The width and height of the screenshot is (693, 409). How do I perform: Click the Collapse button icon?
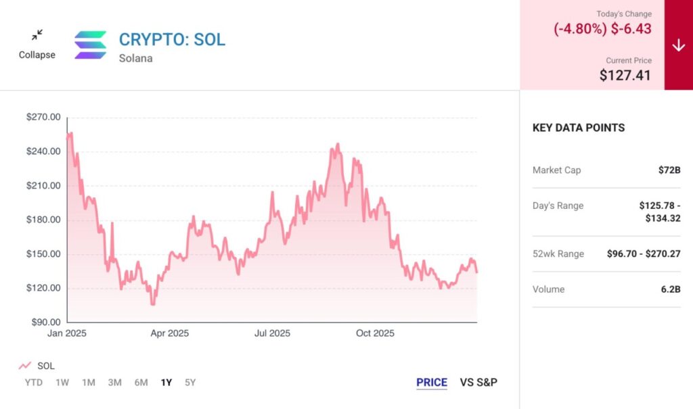[x=37, y=34]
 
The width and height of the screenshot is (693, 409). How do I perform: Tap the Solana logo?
[x=91, y=45]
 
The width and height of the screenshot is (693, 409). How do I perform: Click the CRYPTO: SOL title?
[x=172, y=39]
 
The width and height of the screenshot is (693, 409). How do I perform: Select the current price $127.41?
[x=625, y=75]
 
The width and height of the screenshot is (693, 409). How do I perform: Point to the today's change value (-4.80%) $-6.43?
[x=603, y=29]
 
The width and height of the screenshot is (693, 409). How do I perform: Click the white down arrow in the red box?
[x=679, y=45]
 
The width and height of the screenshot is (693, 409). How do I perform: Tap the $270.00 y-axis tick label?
[x=43, y=117]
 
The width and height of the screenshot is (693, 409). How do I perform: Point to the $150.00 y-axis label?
[x=43, y=254]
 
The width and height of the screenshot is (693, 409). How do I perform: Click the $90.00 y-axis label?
[x=45, y=322]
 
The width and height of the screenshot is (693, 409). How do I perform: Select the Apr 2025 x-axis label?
[x=169, y=333]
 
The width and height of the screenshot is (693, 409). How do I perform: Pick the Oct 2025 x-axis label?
[x=374, y=333]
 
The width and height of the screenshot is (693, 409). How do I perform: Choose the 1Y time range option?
[x=166, y=383]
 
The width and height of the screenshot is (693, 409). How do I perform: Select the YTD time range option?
[x=34, y=383]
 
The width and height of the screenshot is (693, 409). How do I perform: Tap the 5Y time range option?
[x=190, y=383]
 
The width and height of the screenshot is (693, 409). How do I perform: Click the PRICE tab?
[x=432, y=383]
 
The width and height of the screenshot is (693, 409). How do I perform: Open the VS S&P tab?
[x=478, y=383]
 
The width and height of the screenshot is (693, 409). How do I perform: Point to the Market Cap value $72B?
[x=669, y=170]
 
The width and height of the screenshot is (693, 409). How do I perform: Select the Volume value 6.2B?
[x=670, y=289]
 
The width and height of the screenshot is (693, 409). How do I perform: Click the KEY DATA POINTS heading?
[x=579, y=128]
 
